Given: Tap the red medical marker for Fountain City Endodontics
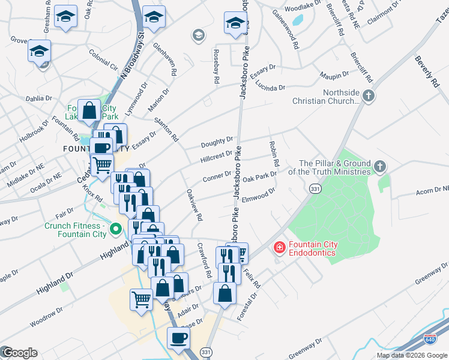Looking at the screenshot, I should tap(279, 247).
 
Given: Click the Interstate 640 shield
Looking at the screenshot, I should tap(430, 340).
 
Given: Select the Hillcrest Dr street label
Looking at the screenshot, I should tap(217, 154).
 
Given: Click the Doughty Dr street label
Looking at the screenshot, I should tap(217, 142).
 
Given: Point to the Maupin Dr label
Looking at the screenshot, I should tap(334, 75).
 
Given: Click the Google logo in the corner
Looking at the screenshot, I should tap(19, 353).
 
